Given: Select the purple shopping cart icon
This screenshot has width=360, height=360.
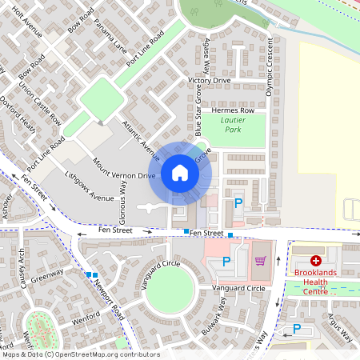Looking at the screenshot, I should point(259,261).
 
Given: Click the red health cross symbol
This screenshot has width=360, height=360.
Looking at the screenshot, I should point(316,261).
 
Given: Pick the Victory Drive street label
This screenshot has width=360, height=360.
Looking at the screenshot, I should point(209,81).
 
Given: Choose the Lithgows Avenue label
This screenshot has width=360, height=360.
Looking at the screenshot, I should point(90,186).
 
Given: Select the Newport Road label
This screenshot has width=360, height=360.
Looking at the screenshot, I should point(106,298).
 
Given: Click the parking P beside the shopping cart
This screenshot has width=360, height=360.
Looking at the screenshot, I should point(226,262).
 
